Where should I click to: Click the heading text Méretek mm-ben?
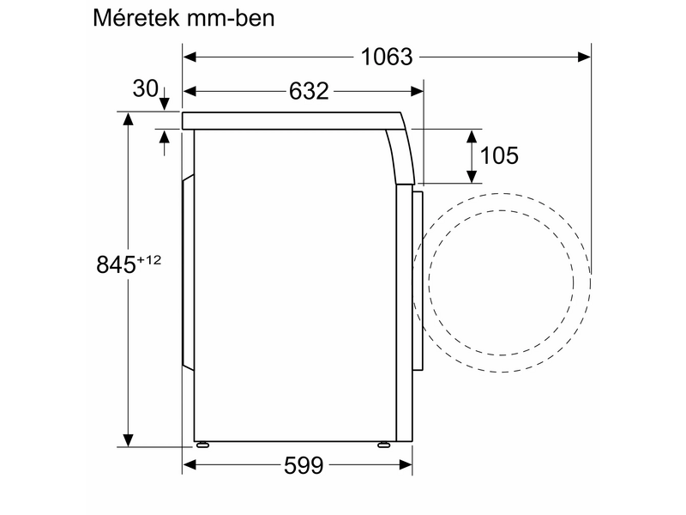coord(184,18)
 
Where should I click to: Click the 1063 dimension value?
coord(387,58)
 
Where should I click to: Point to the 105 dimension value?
coord(499,155)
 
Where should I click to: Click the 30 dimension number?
coord(145,88)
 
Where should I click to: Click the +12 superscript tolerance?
coord(147,259)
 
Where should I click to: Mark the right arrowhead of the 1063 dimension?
coord(584,58)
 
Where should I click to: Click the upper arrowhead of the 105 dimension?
coord(472,136)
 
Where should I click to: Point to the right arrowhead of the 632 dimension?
coord(417,91)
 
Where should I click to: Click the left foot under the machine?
coord(202,445)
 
